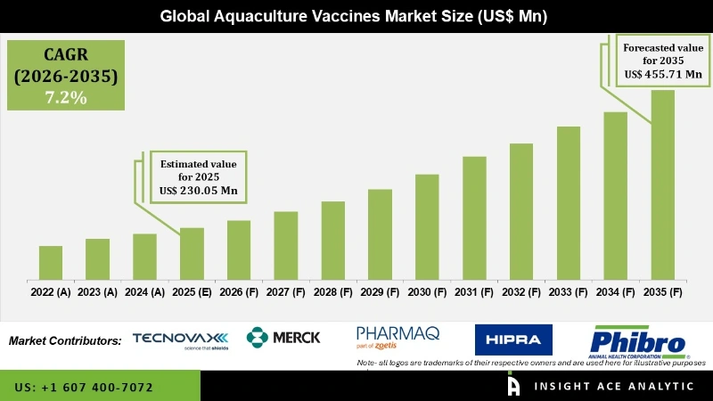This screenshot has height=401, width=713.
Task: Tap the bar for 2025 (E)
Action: click(x=192, y=253)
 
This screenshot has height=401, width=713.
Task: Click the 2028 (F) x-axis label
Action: click(x=333, y=291)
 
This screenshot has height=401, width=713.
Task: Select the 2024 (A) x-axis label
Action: click(x=144, y=291)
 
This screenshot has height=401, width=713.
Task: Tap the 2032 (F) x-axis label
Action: click(x=521, y=291)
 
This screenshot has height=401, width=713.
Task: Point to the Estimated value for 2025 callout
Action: click(x=198, y=177)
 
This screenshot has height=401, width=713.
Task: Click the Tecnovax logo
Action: click(x=180, y=340)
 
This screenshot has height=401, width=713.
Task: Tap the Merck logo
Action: click(x=284, y=339)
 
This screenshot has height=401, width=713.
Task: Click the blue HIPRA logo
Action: click(x=513, y=340)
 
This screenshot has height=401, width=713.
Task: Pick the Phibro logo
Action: click(x=637, y=340)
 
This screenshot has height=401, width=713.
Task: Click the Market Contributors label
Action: click(x=66, y=340)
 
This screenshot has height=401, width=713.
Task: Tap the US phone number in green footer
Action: click(x=84, y=388)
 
